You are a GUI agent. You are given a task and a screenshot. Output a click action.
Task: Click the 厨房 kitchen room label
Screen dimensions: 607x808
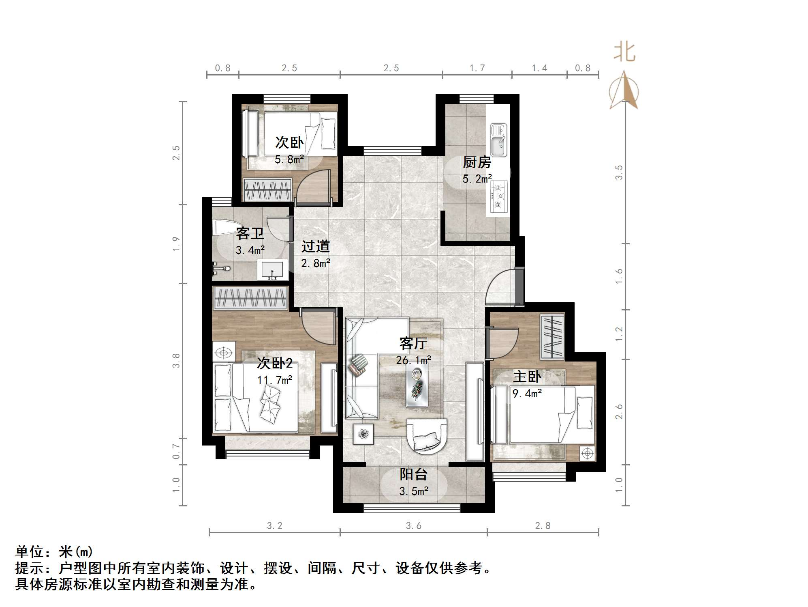[x=477, y=162]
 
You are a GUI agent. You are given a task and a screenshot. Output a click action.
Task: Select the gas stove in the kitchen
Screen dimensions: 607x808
[x=499, y=196]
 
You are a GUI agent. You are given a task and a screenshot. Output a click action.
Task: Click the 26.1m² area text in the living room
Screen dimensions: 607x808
[x=413, y=360]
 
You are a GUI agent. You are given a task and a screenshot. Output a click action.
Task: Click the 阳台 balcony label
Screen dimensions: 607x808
[x=413, y=474]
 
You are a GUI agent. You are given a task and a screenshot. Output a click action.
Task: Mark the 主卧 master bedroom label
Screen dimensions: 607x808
[x=527, y=377]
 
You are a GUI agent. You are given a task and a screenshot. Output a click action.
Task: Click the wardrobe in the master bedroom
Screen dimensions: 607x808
[x=552, y=337]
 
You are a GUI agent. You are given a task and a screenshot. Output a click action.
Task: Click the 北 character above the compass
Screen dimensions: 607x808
[x=624, y=53]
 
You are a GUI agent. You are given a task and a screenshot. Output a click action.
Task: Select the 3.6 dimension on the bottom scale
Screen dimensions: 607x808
[x=413, y=526]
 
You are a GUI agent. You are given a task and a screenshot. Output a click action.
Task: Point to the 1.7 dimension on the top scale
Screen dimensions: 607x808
[x=477, y=68]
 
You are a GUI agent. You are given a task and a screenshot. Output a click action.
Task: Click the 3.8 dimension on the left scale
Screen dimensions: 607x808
[x=176, y=360]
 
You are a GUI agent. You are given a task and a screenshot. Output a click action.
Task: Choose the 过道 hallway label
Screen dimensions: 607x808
[x=315, y=246]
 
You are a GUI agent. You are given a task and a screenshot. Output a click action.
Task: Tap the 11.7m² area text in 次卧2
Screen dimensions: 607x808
[x=275, y=380]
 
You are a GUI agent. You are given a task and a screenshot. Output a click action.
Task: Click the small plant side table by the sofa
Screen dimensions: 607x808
[x=363, y=434]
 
